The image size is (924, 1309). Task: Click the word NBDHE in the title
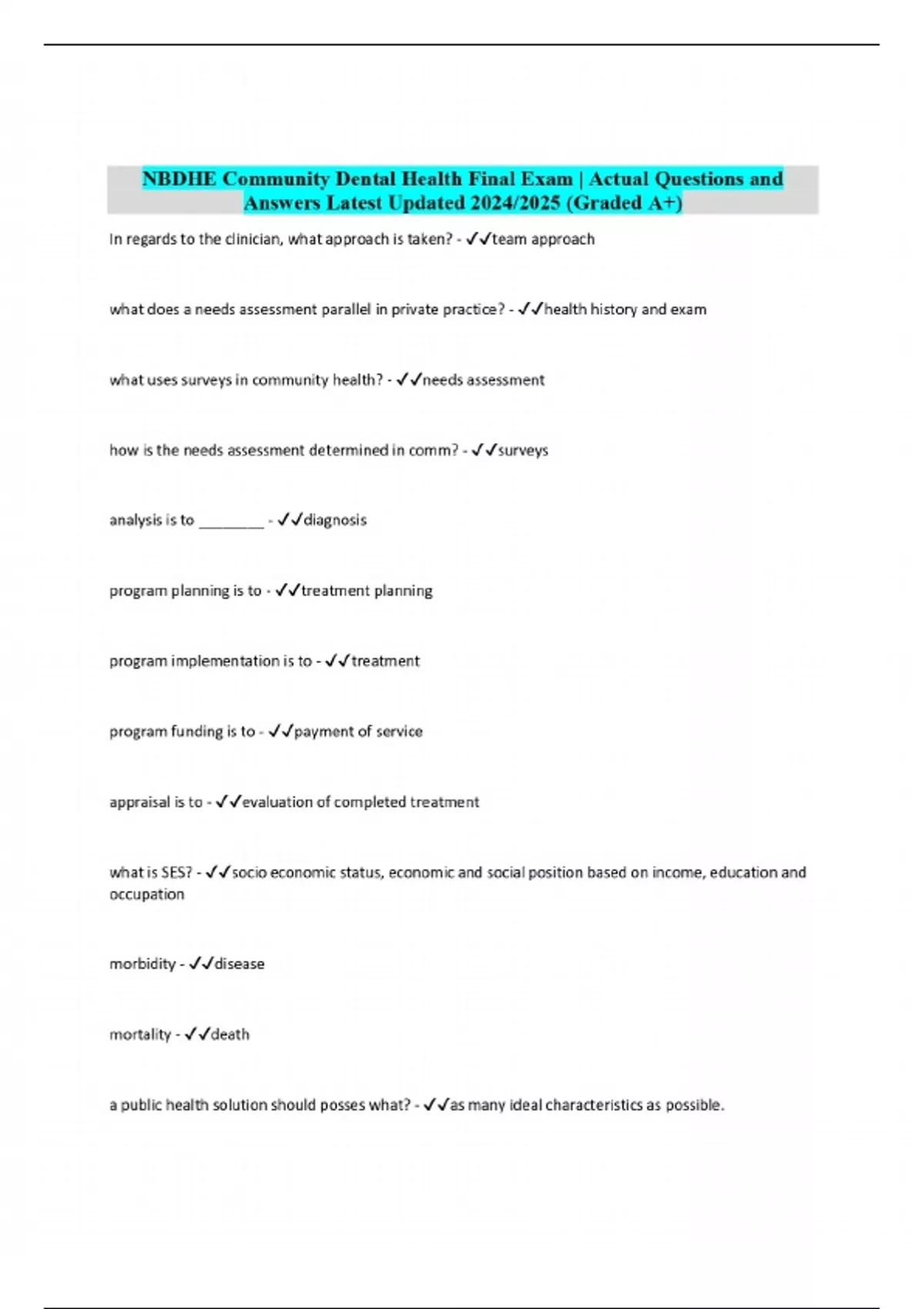coord(179,179)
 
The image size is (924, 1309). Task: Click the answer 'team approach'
coord(543,239)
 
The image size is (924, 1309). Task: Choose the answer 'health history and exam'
coord(625,310)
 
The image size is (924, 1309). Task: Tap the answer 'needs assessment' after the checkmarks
coord(484,380)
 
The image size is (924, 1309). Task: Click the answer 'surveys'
coord(523,450)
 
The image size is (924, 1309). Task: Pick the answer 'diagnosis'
coord(335,521)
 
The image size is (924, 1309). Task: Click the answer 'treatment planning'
coord(367,591)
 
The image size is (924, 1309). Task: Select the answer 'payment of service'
coord(358,731)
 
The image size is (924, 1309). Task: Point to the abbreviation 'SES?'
coord(176,872)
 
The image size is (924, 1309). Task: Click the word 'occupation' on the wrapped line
coord(146,895)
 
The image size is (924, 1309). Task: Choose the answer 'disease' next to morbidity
coord(239,964)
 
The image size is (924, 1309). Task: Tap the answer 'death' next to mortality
coord(230,1035)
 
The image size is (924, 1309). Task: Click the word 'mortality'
coord(140,1035)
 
